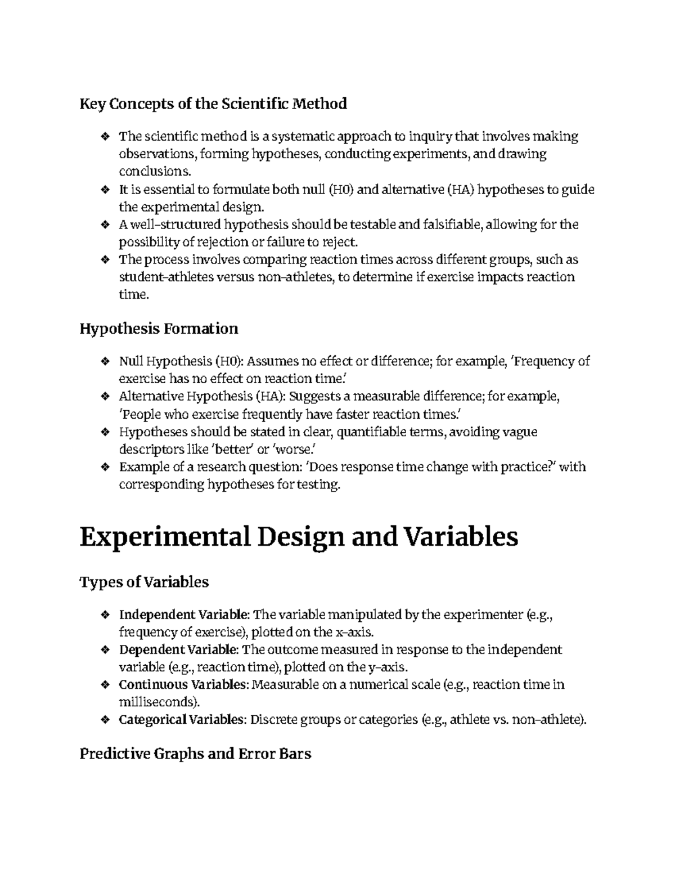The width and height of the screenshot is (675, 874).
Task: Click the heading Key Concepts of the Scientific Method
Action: pyautogui.click(x=213, y=104)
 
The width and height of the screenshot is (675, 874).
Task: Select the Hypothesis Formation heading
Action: pyautogui.click(x=159, y=328)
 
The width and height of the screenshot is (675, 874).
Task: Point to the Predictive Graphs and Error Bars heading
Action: pyautogui.click(x=195, y=753)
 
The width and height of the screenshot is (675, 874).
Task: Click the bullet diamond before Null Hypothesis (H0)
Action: pyautogui.click(x=104, y=361)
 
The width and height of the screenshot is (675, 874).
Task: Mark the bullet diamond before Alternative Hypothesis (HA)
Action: pyautogui.click(x=104, y=397)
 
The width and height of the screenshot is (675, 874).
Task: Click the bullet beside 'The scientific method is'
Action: pyautogui.click(x=104, y=136)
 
